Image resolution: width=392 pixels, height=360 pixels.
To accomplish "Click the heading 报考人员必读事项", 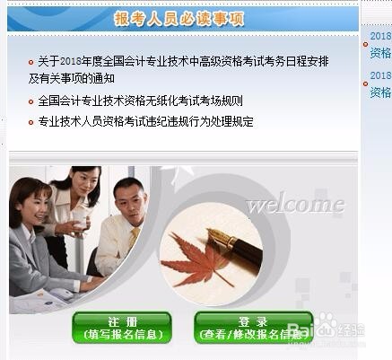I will tap(179, 19).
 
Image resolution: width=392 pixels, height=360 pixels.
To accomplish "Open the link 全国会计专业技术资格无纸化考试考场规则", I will tap(140, 101).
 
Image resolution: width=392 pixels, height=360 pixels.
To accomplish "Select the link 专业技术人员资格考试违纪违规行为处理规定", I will tap(145, 120).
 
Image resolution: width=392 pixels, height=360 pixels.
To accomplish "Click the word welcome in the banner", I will tap(295, 205).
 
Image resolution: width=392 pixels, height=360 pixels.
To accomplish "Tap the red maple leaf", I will tap(201, 260).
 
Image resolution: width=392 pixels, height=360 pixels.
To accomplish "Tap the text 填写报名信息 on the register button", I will tap(122, 335).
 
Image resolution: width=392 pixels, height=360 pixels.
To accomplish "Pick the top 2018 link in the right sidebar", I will tap(379, 37).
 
